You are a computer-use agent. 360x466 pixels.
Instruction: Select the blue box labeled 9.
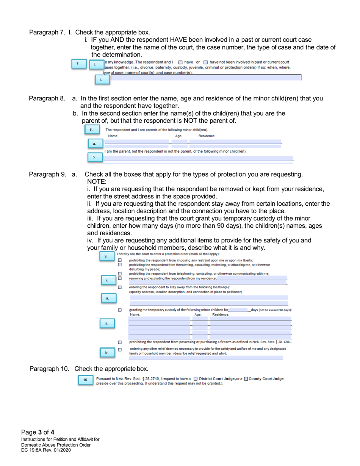[x=107, y=257]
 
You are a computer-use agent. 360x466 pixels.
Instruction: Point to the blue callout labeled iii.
[x=107, y=313]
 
